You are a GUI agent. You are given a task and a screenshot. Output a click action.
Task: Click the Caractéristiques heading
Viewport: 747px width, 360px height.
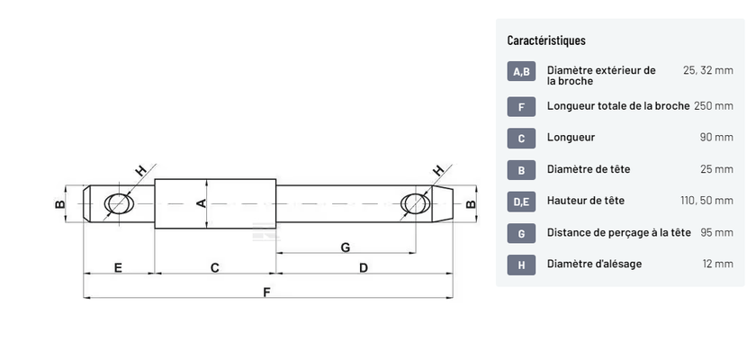(x=546, y=40)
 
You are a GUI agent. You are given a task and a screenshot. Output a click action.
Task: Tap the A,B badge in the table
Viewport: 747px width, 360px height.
(x=521, y=71)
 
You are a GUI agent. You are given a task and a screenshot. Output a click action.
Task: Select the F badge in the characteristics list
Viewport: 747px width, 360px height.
(x=521, y=107)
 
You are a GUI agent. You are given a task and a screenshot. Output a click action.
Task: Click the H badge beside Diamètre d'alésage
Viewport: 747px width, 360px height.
(x=521, y=265)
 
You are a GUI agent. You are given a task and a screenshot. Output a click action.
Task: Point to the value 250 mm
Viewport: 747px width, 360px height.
(x=713, y=105)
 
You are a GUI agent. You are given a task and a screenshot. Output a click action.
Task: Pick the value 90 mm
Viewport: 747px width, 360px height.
(x=716, y=137)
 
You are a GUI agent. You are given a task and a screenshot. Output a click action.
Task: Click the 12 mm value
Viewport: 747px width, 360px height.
(x=717, y=264)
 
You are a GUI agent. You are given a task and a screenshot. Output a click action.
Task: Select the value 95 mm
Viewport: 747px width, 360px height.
(x=716, y=232)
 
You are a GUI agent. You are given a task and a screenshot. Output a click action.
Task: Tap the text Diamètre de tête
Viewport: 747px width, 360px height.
(x=589, y=169)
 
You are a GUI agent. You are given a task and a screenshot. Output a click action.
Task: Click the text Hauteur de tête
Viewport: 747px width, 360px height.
(x=586, y=201)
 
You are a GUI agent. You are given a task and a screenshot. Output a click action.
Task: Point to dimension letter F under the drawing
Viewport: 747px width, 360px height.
(x=266, y=292)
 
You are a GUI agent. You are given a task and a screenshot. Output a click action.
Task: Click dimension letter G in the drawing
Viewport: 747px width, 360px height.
(x=346, y=247)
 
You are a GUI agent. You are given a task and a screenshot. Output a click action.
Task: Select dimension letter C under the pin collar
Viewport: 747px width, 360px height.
(x=215, y=267)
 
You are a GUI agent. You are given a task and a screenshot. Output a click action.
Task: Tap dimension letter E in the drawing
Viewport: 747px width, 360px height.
(x=118, y=267)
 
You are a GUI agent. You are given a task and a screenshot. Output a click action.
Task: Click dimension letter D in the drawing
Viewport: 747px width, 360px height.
(x=364, y=267)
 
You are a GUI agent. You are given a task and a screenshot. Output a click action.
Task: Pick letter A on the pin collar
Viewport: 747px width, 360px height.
(x=202, y=203)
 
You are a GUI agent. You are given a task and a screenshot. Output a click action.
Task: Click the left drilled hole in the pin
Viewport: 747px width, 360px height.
(x=119, y=203)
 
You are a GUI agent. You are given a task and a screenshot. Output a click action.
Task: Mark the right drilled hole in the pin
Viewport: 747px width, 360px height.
(x=416, y=203)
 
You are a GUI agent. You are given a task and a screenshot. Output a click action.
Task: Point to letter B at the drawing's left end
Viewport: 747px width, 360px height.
(x=59, y=204)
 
